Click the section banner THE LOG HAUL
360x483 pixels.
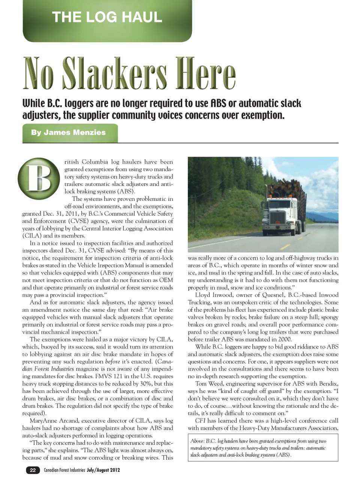click(x=107, y=18)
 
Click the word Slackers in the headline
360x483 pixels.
click(x=115, y=74)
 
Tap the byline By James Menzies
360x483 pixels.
click(x=68, y=132)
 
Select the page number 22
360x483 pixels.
click(x=33, y=470)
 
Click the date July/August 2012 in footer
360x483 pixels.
click(x=103, y=470)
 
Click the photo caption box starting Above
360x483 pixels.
click(x=263, y=448)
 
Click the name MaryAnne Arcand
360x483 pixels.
click(x=52, y=421)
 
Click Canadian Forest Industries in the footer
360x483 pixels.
click(x=64, y=470)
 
